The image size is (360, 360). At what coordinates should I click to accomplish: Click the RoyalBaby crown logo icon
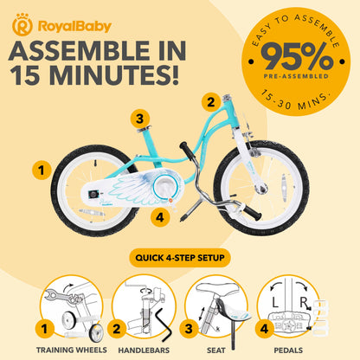coord(22,24)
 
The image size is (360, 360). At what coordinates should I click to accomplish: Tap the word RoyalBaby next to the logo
coord(74,27)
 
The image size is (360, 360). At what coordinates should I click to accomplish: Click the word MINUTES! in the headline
coord(114,74)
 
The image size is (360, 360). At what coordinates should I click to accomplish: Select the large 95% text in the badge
coord(296,56)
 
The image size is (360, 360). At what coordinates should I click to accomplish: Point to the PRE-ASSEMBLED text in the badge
coord(296,76)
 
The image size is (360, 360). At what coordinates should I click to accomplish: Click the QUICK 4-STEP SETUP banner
coord(180,258)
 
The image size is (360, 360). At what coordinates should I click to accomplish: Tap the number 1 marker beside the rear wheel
coord(42,170)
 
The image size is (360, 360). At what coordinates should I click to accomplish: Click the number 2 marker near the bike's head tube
coord(211,102)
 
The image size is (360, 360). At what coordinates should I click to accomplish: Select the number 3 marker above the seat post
coord(140,119)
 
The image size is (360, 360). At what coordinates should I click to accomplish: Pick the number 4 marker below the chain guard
coord(160,216)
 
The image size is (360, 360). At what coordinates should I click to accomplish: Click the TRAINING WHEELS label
coord(72,350)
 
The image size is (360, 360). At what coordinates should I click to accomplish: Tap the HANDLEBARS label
coord(144,350)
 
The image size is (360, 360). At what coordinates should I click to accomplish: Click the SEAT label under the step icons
coord(215,350)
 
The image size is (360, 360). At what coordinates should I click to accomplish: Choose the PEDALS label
coord(288,350)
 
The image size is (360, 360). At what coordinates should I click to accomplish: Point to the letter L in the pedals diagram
coord(275,303)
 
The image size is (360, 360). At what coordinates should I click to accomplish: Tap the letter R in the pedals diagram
coord(303,303)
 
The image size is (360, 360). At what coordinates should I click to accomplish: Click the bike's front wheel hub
coord(262,188)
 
